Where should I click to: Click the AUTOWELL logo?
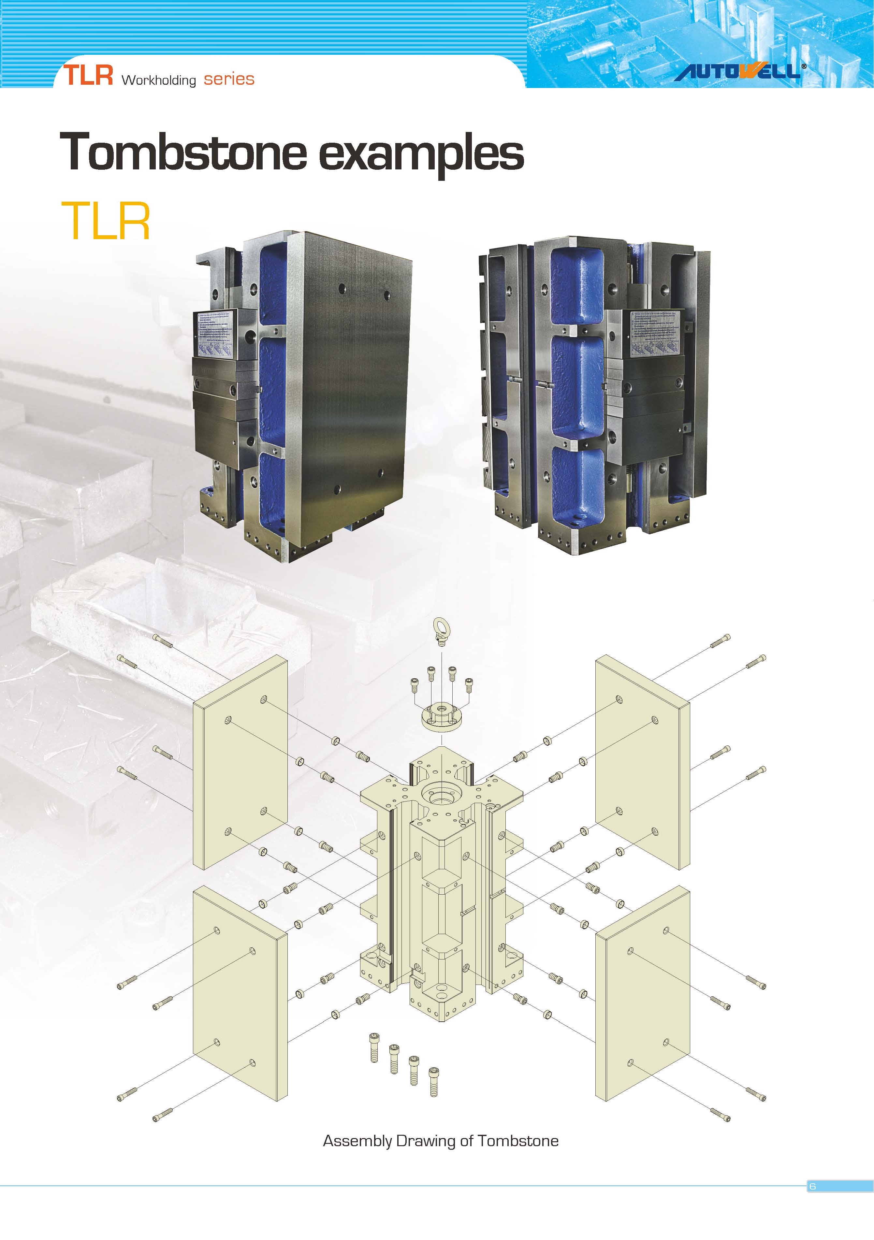click(738, 71)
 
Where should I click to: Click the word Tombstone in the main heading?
click(184, 153)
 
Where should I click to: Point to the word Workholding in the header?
click(158, 80)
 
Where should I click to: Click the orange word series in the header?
click(229, 79)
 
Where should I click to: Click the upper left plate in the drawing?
click(240, 761)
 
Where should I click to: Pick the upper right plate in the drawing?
click(642, 761)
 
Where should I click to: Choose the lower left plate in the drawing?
click(240, 994)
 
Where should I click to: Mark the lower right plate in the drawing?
click(643, 994)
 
